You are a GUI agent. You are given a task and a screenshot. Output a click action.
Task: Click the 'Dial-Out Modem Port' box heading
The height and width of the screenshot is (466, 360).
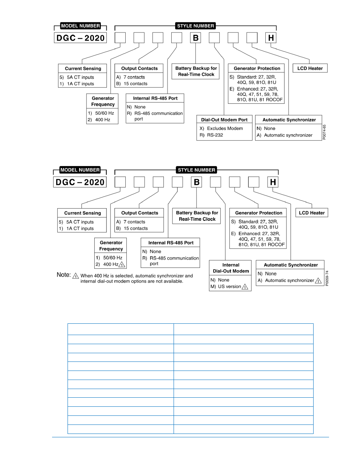click(x=224, y=120)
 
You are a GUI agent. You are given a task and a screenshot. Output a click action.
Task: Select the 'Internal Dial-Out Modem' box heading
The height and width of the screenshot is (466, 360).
click(x=231, y=268)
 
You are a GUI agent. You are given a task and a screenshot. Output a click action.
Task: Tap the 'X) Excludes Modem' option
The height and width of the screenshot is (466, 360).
click(x=222, y=128)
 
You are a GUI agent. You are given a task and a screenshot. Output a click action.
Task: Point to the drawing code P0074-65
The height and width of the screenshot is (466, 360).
click(x=324, y=132)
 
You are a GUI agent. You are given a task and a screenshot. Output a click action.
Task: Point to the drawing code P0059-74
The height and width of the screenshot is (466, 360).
click(x=327, y=278)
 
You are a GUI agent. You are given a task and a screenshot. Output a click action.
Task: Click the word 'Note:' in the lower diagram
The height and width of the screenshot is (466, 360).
click(x=63, y=275)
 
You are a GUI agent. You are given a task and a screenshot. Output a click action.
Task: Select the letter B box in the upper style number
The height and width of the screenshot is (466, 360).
click(x=195, y=38)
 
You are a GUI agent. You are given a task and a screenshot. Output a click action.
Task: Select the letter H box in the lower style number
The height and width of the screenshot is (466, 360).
click(x=273, y=182)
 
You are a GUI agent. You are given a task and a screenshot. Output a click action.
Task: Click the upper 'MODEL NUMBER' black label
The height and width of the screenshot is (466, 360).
click(x=80, y=26)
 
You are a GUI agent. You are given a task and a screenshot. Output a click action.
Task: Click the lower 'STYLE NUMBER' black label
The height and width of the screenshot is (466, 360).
click(x=196, y=170)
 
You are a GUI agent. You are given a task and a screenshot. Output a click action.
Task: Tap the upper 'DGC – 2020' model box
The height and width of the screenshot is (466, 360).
click(x=80, y=38)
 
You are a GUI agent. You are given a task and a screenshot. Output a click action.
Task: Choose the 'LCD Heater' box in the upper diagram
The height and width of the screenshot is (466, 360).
click(x=310, y=68)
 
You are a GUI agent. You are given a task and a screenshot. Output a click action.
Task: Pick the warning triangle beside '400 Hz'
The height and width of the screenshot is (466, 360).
click(x=122, y=265)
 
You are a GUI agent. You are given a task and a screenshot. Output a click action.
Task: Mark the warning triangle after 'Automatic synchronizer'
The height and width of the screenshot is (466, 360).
click(x=318, y=280)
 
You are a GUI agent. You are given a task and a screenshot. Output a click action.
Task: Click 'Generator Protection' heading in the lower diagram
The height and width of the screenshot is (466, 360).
click(x=258, y=213)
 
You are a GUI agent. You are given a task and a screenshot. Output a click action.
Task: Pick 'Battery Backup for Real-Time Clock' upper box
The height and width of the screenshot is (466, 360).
click(x=196, y=71)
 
